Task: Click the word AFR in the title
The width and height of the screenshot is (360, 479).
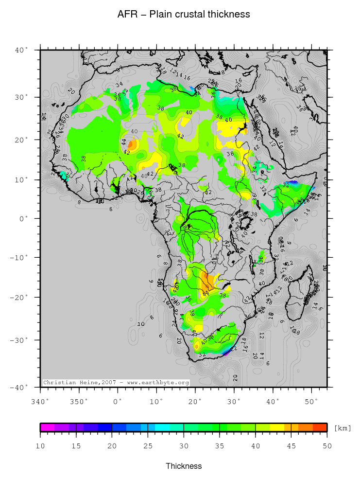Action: (127, 15)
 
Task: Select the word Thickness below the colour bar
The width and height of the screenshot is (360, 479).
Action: (184, 466)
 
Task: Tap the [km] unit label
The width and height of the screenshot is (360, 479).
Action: (342, 428)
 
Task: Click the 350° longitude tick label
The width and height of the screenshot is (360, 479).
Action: (79, 401)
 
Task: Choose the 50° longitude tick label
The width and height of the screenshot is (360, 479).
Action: (312, 401)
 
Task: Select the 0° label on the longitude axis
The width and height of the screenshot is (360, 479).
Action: (118, 401)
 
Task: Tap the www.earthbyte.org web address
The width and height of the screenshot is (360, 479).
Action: (158, 383)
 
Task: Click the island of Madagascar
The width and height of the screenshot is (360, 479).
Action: (301, 294)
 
